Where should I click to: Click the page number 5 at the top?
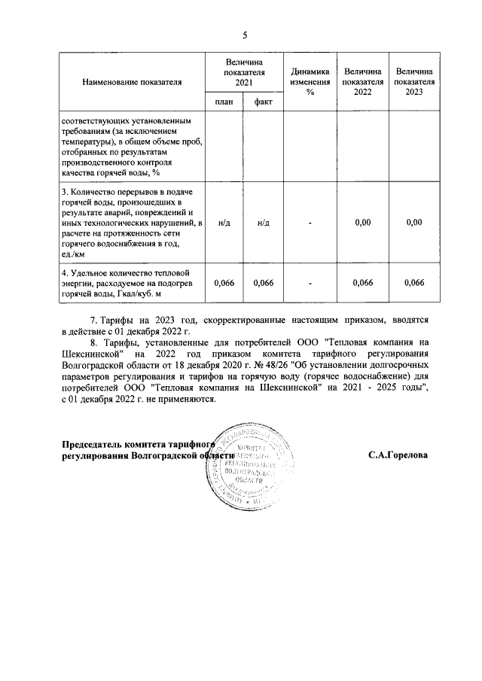coord(244,35)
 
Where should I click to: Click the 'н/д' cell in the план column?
coord(224,223)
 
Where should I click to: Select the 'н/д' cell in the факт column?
coord(264,223)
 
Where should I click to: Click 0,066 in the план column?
coord(224,283)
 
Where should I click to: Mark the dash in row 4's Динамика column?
coord(310,283)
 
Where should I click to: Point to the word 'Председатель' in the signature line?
coord(90,445)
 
